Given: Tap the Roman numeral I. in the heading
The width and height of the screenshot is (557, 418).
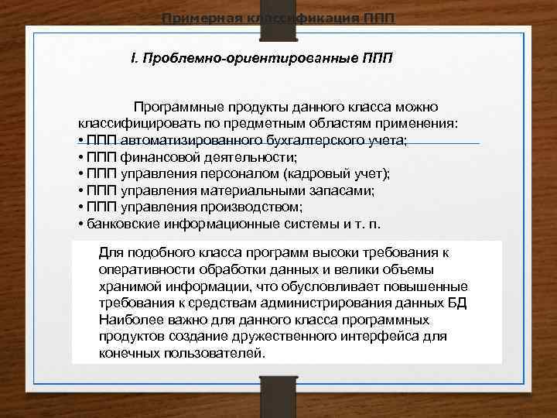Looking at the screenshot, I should (x=134, y=59).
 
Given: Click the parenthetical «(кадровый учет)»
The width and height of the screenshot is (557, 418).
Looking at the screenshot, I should (x=337, y=173).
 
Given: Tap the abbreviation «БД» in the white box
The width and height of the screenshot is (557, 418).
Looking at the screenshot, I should (x=457, y=302).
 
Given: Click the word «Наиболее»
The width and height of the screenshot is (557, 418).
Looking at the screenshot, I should (x=128, y=319).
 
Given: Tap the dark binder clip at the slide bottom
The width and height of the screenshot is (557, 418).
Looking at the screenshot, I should (x=278, y=395).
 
